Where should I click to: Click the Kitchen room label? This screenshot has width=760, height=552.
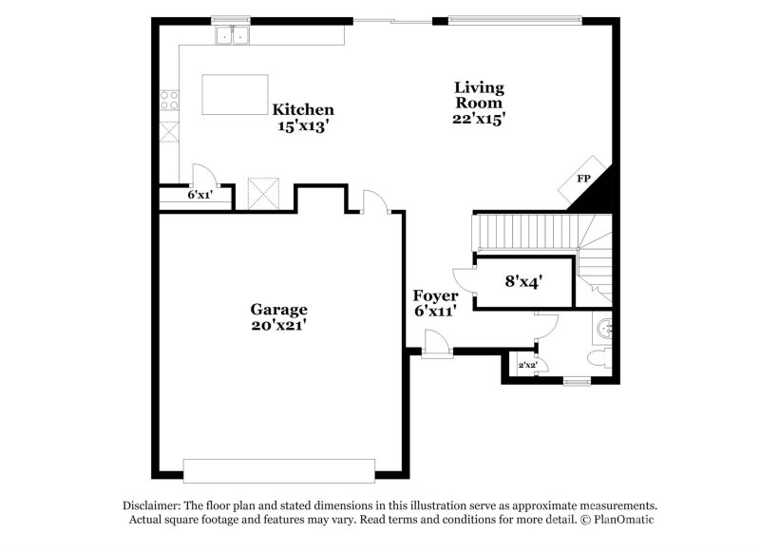tap(303, 109)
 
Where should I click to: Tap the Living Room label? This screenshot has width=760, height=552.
tap(478, 95)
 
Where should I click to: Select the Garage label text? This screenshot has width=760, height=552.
tap(278, 310)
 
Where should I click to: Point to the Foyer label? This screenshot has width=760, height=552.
tap(435, 296)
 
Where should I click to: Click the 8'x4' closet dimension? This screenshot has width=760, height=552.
tap(522, 281)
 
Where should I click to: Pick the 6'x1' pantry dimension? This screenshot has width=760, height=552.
tap(199, 195)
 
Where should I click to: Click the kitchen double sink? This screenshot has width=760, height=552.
tap(232, 37)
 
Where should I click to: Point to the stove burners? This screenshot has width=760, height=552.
tap(170, 99)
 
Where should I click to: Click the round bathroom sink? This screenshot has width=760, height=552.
tap(604, 332)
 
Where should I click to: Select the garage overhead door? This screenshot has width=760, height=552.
tap(279, 471)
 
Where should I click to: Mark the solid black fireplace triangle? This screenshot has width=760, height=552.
tap(596, 190)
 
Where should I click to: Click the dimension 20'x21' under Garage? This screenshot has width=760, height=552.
tap(278, 326)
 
